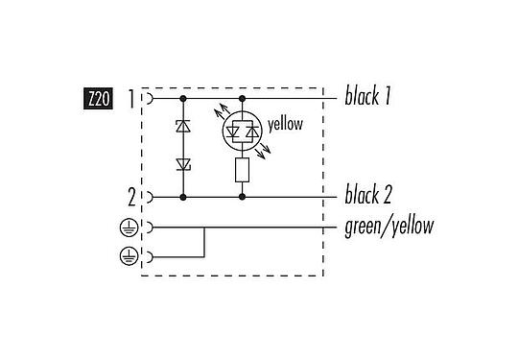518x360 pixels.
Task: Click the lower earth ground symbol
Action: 128,256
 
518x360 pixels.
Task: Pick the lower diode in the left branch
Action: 182,165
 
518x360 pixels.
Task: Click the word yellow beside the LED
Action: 287,123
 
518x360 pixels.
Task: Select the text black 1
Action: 368,97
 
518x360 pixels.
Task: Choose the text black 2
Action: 368,197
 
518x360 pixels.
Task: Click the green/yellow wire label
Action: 388,228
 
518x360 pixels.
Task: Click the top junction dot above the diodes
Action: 182,98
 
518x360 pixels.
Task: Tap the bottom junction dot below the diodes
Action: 182,197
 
